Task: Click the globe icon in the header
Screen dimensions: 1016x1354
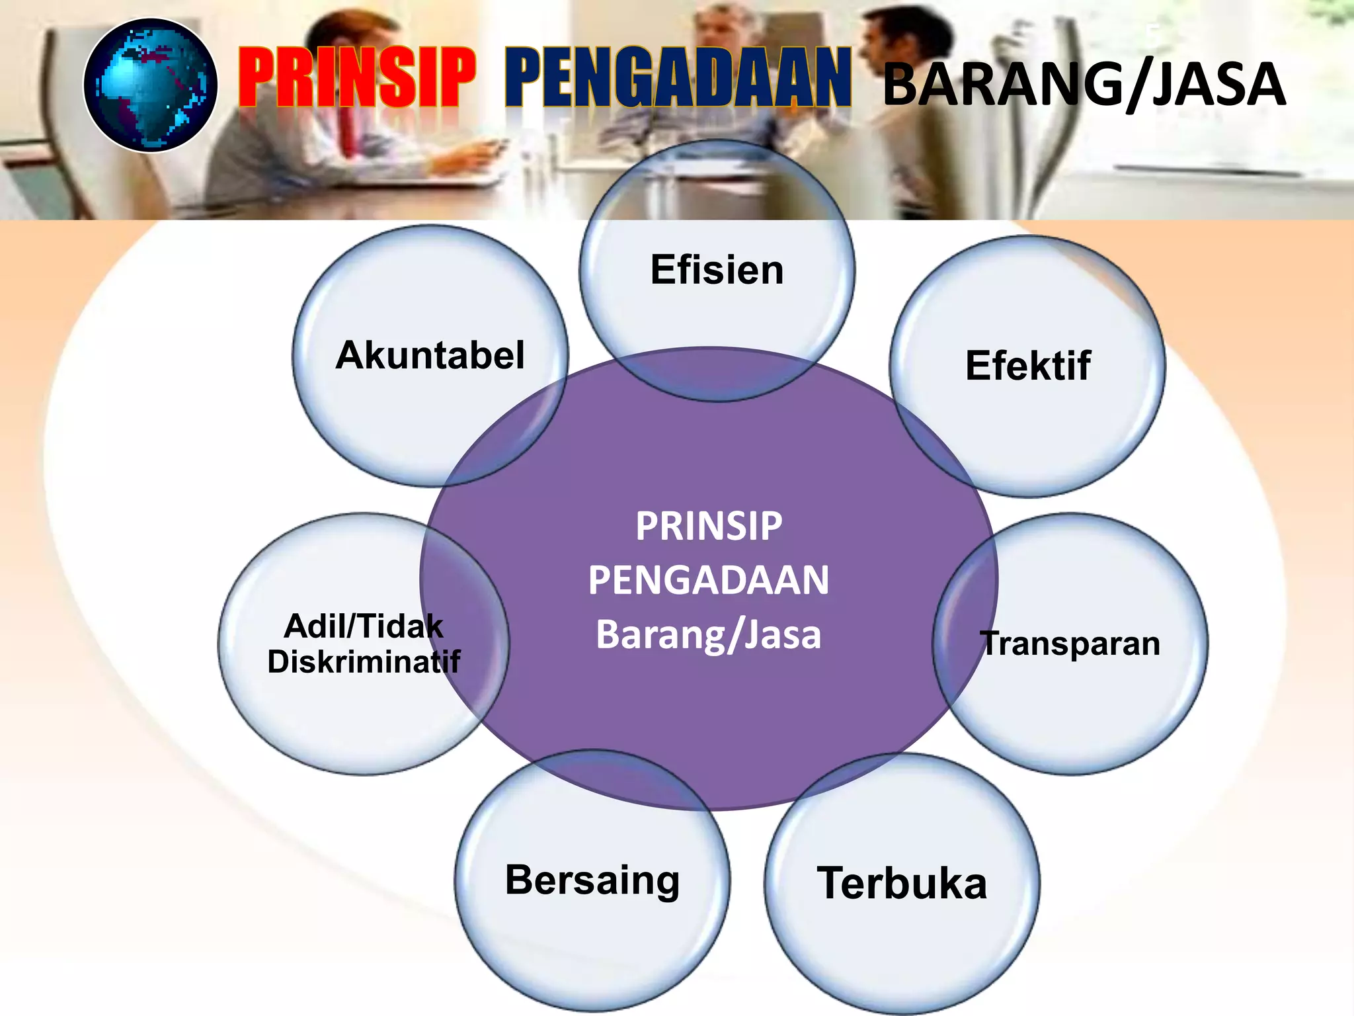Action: [151, 85]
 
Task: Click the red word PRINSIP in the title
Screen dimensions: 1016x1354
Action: [357, 77]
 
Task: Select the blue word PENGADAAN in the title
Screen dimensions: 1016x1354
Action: [678, 77]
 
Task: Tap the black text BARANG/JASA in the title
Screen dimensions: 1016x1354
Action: [1084, 85]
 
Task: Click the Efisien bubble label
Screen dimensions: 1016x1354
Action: [717, 270]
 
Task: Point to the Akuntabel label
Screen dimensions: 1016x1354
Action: [430, 355]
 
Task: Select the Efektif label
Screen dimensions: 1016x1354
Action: [1028, 366]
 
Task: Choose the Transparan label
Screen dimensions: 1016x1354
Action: [1070, 644]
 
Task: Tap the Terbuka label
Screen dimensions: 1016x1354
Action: [902, 883]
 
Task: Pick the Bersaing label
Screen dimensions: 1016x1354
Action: [592, 880]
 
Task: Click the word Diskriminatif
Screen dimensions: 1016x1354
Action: [364, 662]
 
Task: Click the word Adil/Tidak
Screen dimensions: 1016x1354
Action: [364, 626]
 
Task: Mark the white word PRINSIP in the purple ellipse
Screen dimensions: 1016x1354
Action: [709, 527]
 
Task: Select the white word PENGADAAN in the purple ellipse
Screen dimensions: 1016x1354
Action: [709, 580]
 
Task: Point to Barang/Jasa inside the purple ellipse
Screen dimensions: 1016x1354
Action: [709, 634]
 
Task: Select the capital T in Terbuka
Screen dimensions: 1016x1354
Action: [832, 883]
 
